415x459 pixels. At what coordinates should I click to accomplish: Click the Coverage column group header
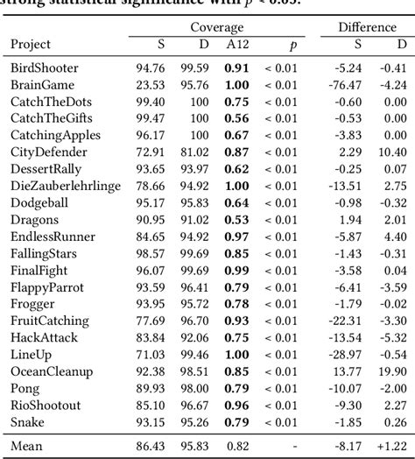coord(217,27)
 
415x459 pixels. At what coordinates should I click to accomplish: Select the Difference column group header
coord(369,27)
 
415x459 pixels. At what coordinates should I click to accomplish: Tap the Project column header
coord(31,45)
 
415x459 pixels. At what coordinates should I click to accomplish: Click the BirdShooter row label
coord(45,67)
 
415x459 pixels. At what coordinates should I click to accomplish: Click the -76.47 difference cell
coord(349,84)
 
